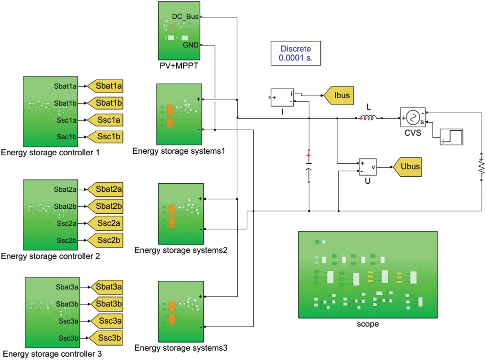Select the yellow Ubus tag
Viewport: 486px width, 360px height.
(x=409, y=167)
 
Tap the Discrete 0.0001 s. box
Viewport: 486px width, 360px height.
(x=296, y=53)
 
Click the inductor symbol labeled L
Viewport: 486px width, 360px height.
(x=369, y=118)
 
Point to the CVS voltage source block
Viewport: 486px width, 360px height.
(x=413, y=117)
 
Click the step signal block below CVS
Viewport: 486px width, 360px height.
(x=451, y=137)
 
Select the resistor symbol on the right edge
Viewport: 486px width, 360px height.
(x=482, y=167)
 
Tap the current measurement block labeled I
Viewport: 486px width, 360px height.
(x=282, y=97)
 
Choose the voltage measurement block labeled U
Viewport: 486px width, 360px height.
(x=368, y=167)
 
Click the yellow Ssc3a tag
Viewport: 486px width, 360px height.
(x=108, y=321)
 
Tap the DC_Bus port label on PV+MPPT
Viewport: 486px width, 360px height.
(x=185, y=17)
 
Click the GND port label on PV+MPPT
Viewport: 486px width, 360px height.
(x=190, y=45)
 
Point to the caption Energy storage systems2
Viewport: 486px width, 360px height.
(x=181, y=250)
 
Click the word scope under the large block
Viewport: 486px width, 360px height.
(x=368, y=324)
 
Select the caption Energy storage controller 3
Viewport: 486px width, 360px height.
(x=52, y=354)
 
